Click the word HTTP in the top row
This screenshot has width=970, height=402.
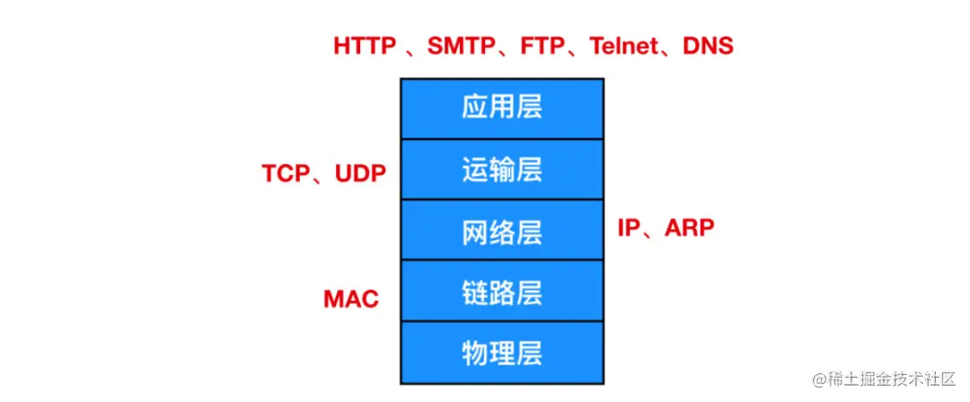click(365, 46)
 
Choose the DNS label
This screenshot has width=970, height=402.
click(709, 46)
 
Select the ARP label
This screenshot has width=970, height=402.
click(690, 228)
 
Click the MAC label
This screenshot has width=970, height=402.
click(351, 299)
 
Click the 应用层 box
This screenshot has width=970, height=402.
click(502, 109)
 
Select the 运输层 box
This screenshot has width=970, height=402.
click(502, 170)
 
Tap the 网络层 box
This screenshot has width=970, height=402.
click(502, 231)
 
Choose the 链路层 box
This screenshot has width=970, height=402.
click(502, 292)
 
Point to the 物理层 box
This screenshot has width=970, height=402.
click(502, 352)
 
